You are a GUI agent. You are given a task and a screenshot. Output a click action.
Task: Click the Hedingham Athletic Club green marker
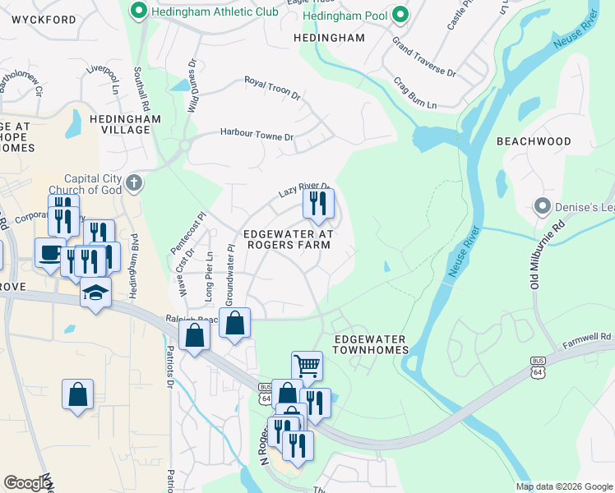pos(139,11)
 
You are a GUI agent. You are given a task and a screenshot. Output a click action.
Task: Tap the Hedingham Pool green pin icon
pos(400,14)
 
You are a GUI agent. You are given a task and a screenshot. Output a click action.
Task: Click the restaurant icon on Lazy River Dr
pos(318,203)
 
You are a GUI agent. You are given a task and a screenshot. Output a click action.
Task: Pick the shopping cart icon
pos(307,365)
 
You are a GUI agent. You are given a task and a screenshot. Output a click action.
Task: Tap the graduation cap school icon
pos(95,292)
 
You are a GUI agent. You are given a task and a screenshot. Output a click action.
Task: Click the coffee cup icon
pos(50,252)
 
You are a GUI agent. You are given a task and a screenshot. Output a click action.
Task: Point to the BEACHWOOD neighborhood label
pos(534,141)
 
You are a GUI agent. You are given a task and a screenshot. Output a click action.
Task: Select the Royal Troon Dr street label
pos(272,89)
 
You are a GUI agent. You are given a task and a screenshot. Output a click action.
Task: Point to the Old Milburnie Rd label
pos(546,254)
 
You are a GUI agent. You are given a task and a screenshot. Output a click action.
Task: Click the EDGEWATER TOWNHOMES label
pos(371,344)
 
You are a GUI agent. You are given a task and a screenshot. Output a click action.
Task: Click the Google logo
pos(26,482)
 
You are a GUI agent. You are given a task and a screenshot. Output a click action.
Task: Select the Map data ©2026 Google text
pos(563,486)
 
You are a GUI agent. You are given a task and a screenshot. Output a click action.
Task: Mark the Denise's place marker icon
pos(542,205)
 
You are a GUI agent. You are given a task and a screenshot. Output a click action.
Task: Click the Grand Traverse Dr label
pos(423,57)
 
